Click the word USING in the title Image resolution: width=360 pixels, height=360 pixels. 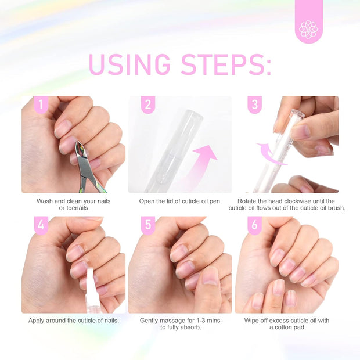tap(129, 65)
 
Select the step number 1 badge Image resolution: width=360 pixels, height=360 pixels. tap(41, 105)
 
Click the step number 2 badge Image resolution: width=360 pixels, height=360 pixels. tap(148, 105)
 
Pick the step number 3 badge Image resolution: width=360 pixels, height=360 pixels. tap(254, 105)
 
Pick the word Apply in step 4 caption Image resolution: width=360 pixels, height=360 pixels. tap(38, 320)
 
